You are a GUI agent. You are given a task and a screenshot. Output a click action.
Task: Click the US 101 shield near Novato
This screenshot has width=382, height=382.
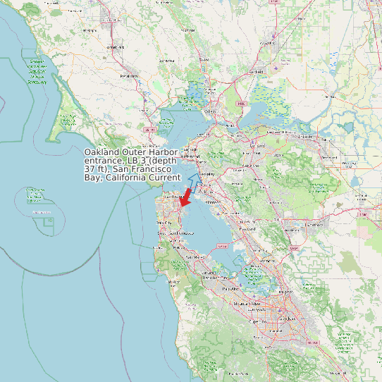click(149, 130)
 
